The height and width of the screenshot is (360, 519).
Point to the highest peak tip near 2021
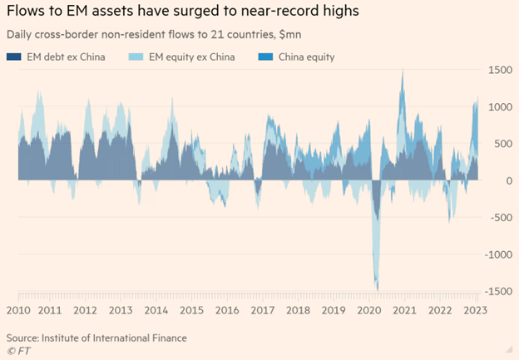[403, 71]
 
